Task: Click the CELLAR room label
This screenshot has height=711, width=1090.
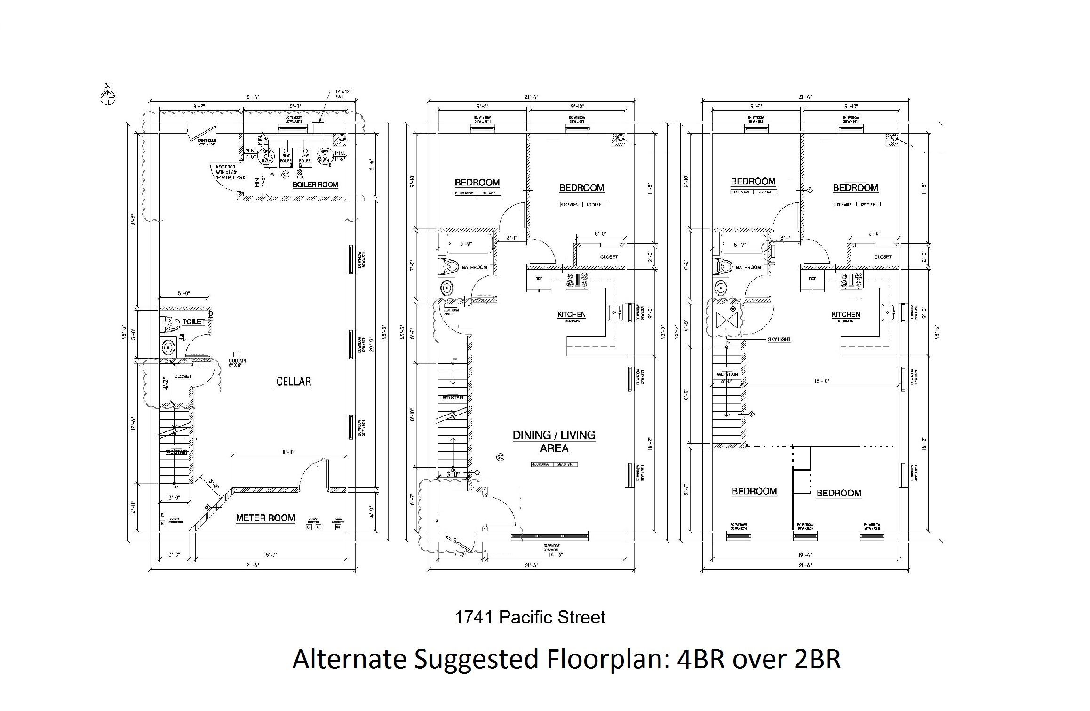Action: coord(294,381)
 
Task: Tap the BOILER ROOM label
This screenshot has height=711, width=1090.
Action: coord(315,184)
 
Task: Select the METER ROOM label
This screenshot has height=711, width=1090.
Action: coord(265,518)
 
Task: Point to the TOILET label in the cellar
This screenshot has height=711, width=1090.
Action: coord(194,322)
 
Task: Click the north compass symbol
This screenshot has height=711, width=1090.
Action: coord(108,96)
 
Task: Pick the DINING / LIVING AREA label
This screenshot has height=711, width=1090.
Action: coord(554,441)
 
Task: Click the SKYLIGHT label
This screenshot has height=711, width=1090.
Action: coord(779,339)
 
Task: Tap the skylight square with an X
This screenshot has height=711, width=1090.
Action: coord(724,320)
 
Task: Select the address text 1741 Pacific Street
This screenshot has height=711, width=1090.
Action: coord(530,617)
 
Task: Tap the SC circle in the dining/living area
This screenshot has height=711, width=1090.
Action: coord(500,457)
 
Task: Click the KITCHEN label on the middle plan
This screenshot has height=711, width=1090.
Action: coord(572,314)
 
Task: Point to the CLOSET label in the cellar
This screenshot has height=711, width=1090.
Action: coord(183,376)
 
